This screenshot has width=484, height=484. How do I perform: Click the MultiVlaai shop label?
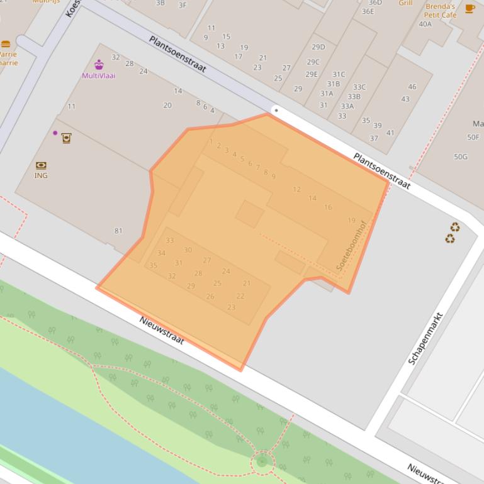(99, 75)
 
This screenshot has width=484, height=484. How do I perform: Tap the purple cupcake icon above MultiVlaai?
(99, 64)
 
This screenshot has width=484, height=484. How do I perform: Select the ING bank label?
(41, 175)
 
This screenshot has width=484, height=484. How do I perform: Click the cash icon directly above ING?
(41, 165)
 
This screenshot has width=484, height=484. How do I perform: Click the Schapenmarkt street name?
(426, 338)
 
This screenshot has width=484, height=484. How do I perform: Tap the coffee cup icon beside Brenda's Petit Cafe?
(470, 8)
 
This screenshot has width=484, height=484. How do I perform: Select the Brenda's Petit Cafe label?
(440, 11)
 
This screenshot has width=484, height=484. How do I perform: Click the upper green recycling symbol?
(455, 228)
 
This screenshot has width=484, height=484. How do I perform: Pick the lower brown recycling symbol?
(450, 238)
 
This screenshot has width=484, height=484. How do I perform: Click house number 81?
(118, 231)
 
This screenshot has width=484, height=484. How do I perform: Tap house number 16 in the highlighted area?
(328, 207)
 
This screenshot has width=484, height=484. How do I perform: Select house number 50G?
(461, 157)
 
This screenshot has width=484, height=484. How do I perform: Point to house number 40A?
(425, 24)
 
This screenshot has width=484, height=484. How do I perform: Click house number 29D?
(318, 47)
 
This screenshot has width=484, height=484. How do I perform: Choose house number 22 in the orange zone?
(240, 296)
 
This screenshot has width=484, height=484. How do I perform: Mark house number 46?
(412, 87)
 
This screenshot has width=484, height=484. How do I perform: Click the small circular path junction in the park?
(262, 463)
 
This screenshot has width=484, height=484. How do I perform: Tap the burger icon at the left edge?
(6, 44)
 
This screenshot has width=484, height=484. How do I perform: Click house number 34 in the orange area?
(161, 253)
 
